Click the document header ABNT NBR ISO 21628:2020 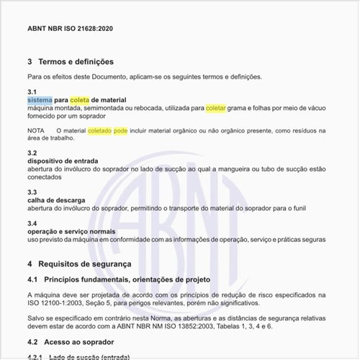(70, 29)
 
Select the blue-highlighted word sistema (40, 99)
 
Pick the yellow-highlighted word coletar (215, 107)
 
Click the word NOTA (36, 131)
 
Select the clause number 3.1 (32, 91)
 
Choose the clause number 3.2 (32, 153)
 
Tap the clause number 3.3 (32, 192)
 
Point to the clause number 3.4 (32, 223)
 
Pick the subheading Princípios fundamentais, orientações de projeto (127, 279)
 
